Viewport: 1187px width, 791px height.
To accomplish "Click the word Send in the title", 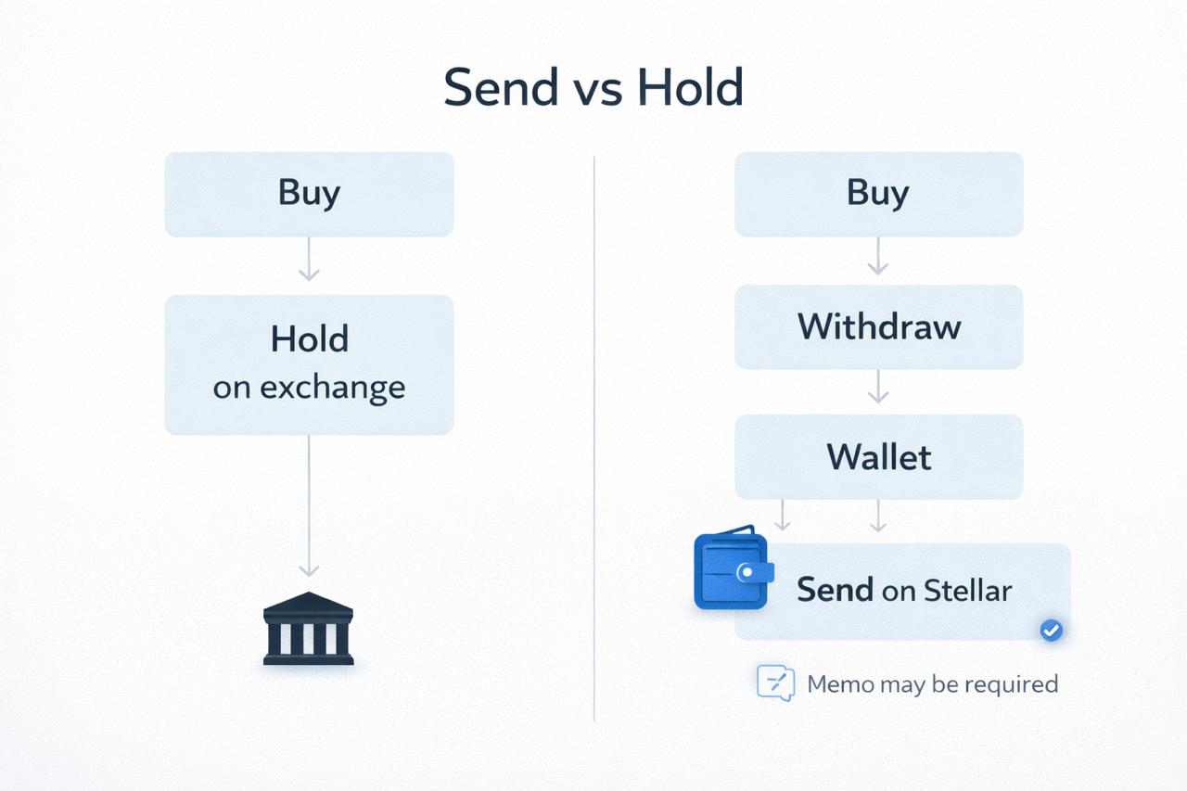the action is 501,87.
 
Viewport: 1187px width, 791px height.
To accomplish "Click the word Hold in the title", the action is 690,87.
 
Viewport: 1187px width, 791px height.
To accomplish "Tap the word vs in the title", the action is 598,91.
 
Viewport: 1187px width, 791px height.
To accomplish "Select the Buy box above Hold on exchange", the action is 309,194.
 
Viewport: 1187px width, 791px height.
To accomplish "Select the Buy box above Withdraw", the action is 878,194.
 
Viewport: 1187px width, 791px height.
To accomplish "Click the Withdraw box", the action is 878,327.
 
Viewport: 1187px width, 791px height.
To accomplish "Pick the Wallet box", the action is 878,456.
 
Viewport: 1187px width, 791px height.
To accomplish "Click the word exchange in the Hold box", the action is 333,389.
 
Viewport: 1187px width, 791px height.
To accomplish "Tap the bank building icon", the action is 309,629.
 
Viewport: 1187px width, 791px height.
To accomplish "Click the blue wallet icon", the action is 734,568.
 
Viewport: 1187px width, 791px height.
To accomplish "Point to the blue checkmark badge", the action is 1051,631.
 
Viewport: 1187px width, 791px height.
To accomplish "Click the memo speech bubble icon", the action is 776,683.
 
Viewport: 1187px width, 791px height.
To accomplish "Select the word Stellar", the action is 967,590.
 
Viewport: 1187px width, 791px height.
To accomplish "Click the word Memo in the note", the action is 840,684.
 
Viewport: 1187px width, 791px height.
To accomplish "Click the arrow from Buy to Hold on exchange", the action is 309,259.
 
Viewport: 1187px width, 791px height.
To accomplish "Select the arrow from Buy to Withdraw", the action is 878,256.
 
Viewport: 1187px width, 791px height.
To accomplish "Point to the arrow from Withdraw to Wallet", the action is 878,387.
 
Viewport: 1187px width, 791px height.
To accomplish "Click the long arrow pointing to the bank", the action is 309,506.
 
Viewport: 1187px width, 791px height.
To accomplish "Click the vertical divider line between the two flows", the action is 594,438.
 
